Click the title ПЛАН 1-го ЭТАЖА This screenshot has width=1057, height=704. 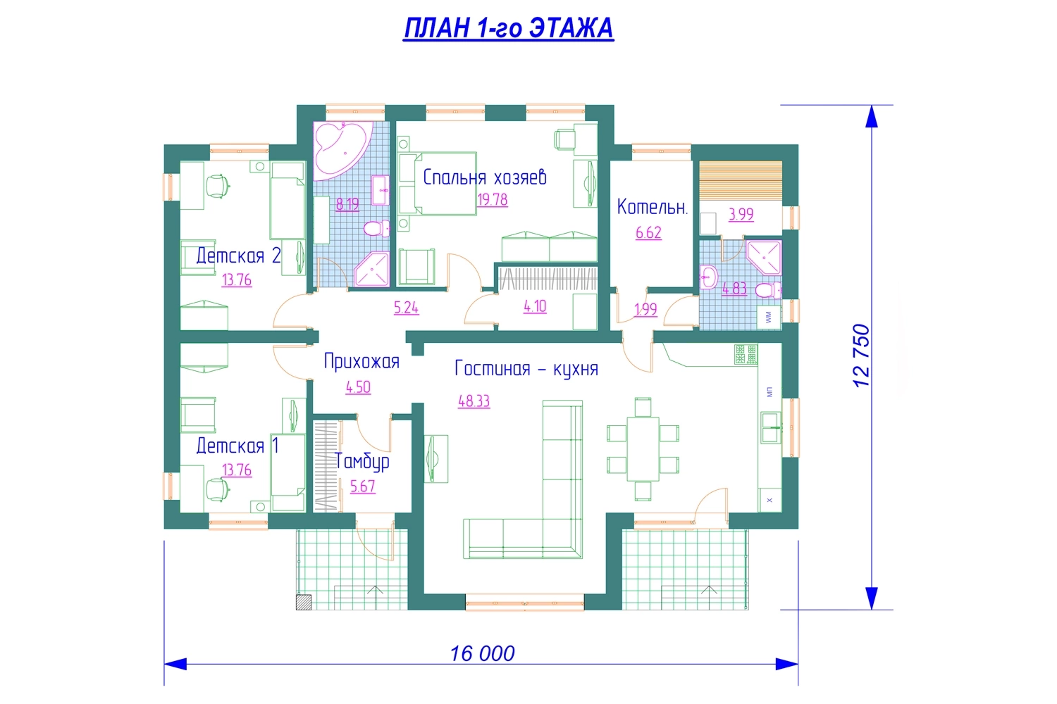coord(509,28)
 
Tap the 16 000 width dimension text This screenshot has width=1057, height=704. coord(482,653)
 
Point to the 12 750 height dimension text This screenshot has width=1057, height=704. coord(861,356)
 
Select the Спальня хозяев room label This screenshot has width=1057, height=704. coord(485,177)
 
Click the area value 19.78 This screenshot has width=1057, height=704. coord(492,200)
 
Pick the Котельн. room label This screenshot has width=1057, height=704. coord(653,207)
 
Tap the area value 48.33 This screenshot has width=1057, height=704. coord(474,401)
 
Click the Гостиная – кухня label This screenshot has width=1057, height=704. coord(526,369)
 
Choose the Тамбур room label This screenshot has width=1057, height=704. coord(362,462)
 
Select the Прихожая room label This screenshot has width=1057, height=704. coord(361,362)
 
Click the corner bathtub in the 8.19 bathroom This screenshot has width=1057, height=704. coord(342,151)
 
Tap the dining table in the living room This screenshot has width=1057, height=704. coord(643,449)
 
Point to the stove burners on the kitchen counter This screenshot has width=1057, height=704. coord(746,354)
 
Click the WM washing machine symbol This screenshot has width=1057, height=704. coord(769,317)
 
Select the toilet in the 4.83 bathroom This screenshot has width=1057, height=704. coord(768,289)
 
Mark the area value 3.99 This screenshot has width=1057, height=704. coord(741,215)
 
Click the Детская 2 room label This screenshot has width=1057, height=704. coord(238,256)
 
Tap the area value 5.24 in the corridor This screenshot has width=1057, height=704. coord(407,308)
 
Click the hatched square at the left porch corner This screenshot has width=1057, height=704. coord(304,603)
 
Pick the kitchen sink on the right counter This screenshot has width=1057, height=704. coord(771,428)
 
